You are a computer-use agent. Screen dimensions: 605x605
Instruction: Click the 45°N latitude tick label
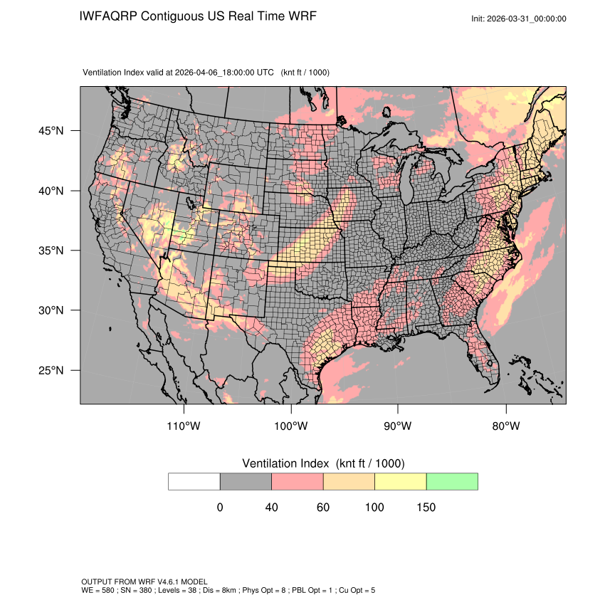[x=51, y=131]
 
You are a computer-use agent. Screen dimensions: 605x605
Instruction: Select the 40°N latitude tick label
[x=51, y=191]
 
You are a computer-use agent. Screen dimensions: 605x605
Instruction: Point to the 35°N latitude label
[x=51, y=251]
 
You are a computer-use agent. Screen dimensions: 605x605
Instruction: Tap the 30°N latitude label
[x=51, y=310]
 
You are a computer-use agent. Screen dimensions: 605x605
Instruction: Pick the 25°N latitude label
[x=51, y=370]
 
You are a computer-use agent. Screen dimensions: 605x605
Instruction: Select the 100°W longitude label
[x=291, y=426]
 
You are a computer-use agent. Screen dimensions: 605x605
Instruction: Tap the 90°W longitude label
[x=398, y=426]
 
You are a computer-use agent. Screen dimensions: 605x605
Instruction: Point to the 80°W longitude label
[x=505, y=426]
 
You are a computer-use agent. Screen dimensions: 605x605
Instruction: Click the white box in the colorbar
[x=194, y=481]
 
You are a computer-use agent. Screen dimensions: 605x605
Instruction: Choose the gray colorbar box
[x=246, y=481]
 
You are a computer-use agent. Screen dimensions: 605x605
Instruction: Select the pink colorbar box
[x=298, y=481]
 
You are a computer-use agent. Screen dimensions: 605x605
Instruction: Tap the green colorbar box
[x=452, y=481]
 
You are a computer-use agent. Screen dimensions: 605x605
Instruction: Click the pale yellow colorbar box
[x=401, y=481]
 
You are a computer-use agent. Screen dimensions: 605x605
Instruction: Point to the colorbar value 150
[x=426, y=507]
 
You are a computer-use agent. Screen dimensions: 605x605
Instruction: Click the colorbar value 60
[x=323, y=507]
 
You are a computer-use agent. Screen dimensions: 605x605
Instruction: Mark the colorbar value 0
[x=220, y=507]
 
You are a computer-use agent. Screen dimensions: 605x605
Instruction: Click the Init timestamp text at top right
[x=519, y=19]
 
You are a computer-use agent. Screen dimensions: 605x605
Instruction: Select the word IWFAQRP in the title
[x=109, y=16]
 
